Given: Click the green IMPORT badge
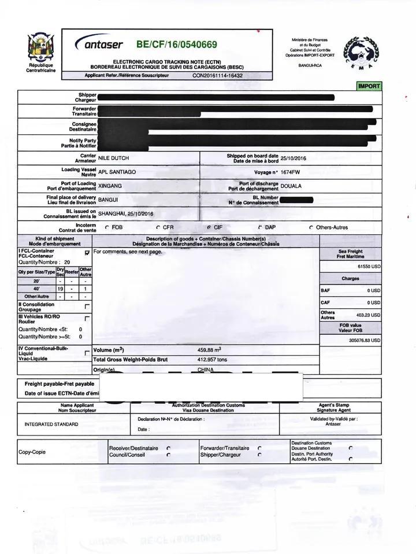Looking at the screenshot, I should [369, 86].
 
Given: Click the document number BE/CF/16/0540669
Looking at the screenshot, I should [176, 45].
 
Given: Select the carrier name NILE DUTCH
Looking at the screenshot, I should [113, 158].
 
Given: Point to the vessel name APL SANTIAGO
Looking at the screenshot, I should [117, 172].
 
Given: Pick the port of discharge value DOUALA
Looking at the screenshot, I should [291, 186].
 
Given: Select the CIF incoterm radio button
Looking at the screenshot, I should [208, 227].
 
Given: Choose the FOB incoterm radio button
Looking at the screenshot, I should [107, 227].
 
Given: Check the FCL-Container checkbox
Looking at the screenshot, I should [87, 253].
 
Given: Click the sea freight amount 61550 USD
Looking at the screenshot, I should [369, 267].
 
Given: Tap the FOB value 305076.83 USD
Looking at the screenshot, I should [365, 341].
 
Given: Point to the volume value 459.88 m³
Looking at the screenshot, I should [209, 350].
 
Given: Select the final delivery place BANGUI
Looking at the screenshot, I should [108, 200].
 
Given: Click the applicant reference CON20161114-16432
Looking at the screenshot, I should [217, 76].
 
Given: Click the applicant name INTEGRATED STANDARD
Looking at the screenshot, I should [51, 424].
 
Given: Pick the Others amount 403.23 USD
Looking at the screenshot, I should [368, 315].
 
